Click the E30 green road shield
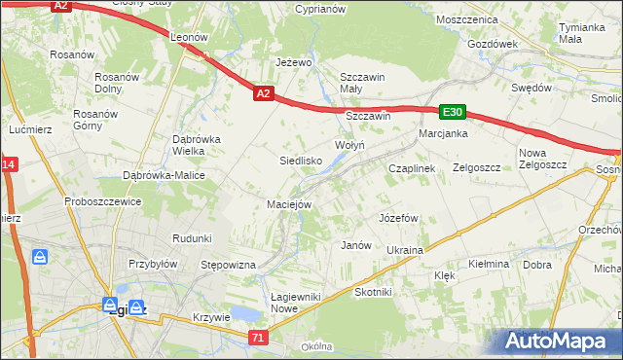pyautogui.click(x=453, y=112)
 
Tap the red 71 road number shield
pyautogui.click(x=257, y=337)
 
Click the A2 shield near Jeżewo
pyautogui.click(x=263, y=94)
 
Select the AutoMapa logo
pyautogui.click(x=560, y=341)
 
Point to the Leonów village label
pyautogui.click(x=190, y=37)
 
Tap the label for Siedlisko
pyautogui.click(x=301, y=161)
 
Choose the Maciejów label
pyautogui.click(x=289, y=204)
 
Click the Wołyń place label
pyautogui.click(x=349, y=145)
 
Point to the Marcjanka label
pyautogui.click(x=443, y=133)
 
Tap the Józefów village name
pyautogui.click(x=398, y=218)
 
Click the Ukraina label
pyautogui.click(x=404, y=250)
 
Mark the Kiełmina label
pyautogui.click(x=489, y=264)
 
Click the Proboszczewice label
pyautogui.click(x=104, y=201)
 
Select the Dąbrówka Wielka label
pyautogui.click(x=197, y=145)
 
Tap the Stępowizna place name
pyautogui.click(x=227, y=265)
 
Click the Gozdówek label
pyautogui.click(x=493, y=44)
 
